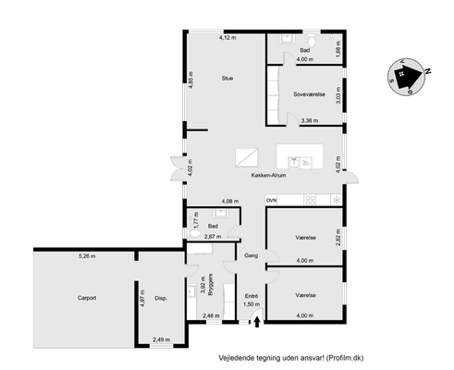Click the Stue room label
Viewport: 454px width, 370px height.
point(227,79)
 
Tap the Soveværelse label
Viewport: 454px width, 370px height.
point(309,94)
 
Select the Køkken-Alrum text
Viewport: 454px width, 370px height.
point(268,175)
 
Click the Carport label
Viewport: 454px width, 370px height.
point(87,298)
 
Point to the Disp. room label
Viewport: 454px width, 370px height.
point(161,299)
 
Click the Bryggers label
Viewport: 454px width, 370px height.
point(211,285)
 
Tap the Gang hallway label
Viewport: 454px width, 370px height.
point(252,255)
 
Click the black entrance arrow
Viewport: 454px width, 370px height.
point(257,323)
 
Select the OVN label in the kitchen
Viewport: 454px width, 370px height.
point(272,201)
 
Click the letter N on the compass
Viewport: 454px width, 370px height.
point(427,71)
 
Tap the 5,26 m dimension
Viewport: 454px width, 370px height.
point(87,256)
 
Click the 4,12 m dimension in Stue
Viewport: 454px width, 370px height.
point(227,38)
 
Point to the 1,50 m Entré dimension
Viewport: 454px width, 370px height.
point(252,304)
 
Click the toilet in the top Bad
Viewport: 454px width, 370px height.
point(312,40)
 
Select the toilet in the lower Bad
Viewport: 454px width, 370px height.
point(193,233)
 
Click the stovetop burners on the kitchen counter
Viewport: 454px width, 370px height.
point(310,200)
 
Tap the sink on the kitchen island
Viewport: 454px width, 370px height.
point(294,163)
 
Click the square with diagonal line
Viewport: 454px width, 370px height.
point(247,157)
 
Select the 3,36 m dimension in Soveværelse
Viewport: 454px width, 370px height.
point(310,120)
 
